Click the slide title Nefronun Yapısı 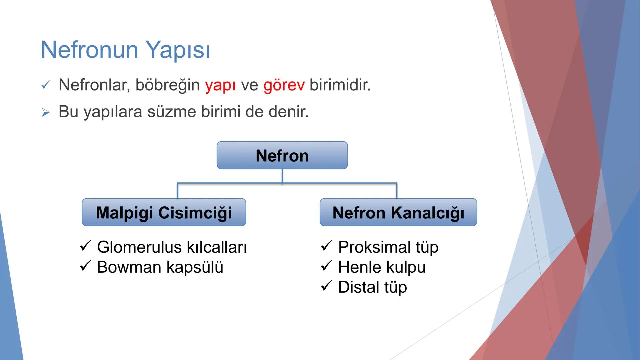tap(125, 50)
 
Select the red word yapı tap(220, 85)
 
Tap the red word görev tap(284, 85)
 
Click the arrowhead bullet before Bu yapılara tap(46, 113)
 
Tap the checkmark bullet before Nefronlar tap(46, 85)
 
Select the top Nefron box tap(282, 155)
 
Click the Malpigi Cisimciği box tap(164, 212)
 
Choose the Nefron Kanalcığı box tap(398, 212)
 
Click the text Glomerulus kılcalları tap(172, 247)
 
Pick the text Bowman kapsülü tap(160, 267)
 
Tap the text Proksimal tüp tap(388, 247)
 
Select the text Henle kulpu tap(382, 267)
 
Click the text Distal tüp tap(372, 287)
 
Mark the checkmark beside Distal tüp tap(326, 286)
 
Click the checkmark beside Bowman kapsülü tap(85, 266)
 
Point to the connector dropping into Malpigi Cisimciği tap(178, 191)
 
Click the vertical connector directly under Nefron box tap(282, 176)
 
